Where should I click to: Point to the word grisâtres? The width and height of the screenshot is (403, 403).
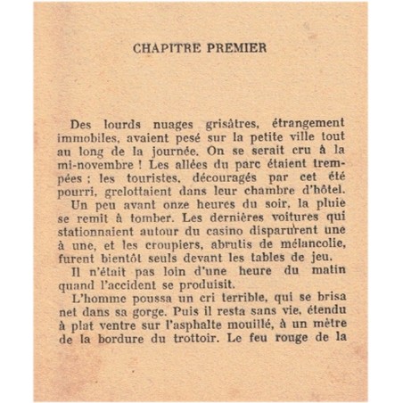pyautogui.click(x=204, y=131)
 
